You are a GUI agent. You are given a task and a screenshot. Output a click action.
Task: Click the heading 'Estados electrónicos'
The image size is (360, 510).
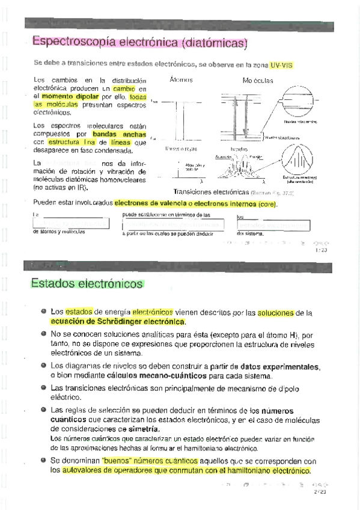point(87,283)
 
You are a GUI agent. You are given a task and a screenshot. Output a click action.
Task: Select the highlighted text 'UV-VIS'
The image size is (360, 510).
point(282,64)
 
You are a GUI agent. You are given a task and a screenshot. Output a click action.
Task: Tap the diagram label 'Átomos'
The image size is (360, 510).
point(181,80)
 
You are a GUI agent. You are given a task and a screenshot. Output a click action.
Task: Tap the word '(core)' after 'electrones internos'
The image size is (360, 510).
point(267,203)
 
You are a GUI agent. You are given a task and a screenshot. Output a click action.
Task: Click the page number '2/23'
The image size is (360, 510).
point(319,492)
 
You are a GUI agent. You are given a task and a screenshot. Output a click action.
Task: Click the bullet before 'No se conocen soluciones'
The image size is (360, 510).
point(44,333)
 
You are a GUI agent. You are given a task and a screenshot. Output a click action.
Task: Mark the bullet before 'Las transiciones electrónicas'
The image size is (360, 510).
point(44,387)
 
